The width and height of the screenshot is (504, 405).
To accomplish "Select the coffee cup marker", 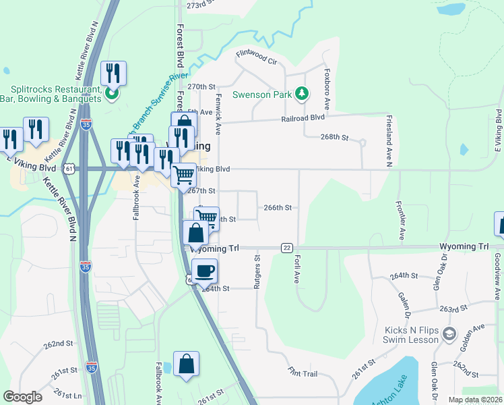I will (205, 271).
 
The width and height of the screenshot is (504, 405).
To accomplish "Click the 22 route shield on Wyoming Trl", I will (286, 248).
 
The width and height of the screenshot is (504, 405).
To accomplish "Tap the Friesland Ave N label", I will (389, 140).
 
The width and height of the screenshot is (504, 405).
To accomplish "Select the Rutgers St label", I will (257, 273).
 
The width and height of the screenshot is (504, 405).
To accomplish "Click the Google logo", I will (22, 397).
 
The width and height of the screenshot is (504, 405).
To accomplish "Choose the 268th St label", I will (334, 137).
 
